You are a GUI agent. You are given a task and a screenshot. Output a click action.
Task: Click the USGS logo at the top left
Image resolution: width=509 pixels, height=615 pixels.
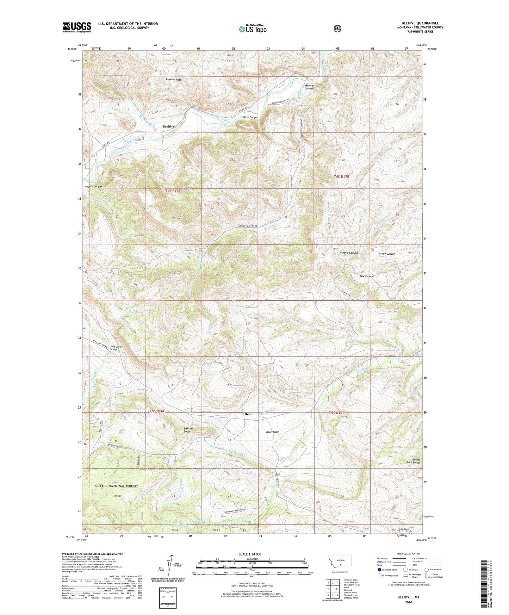(x=77, y=27)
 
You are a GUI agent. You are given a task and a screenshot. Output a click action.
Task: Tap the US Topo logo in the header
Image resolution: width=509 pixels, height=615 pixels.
(x=252, y=29)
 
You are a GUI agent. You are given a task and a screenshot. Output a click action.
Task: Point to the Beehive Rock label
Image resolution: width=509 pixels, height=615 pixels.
(x=174, y=80)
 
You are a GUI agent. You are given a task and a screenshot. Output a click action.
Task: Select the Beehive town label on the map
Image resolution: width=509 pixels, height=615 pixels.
(x=168, y=126)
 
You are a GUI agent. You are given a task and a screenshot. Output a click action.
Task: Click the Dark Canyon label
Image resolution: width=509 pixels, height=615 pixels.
(x=250, y=117)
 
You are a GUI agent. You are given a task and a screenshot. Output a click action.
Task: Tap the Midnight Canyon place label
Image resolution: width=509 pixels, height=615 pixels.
(x=310, y=87)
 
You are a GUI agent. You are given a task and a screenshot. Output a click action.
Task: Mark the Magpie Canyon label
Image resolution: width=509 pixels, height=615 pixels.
(x=93, y=186)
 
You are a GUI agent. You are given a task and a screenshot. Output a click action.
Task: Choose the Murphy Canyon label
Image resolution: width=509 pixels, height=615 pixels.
(x=348, y=253)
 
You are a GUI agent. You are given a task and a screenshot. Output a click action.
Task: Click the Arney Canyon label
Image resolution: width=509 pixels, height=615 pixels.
(x=387, y=254)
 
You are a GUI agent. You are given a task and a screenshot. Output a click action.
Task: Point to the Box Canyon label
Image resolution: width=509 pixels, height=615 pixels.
(x=366, y=276)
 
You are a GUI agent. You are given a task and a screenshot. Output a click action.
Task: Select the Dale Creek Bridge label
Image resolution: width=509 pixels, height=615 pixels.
(x=116, y=348)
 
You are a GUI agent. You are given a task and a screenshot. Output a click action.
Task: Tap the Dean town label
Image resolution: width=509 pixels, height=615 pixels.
(x=248, y=414)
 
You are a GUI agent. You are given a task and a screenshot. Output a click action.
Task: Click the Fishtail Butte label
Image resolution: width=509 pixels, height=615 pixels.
(x=187, y=430)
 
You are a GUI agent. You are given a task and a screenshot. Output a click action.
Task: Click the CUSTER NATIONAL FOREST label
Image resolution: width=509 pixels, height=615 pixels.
(x=117, y=486)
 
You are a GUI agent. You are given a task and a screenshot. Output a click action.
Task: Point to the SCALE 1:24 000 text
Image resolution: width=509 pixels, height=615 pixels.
(x=250, y=554)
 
